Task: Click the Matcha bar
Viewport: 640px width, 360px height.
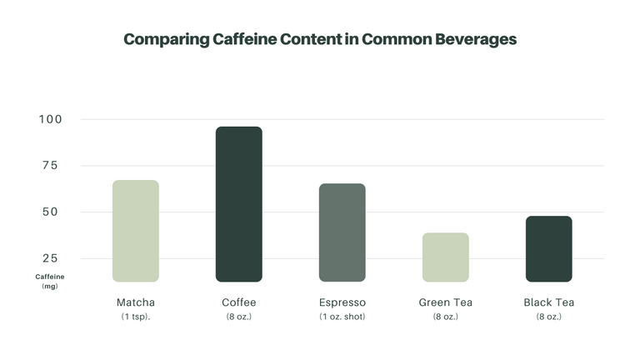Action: coord(135,231)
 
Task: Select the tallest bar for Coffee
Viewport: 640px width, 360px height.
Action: coord(238,204)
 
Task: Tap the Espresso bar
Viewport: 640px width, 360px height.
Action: coord(342,232)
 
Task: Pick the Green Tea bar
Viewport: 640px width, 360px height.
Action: coord(445,257)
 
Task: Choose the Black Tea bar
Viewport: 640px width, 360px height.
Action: coord(548,248)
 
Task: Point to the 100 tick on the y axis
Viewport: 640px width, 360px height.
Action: coord(50,119)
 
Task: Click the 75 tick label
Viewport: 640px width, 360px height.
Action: coord(51,165)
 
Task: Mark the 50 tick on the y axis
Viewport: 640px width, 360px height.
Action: coord(51,212)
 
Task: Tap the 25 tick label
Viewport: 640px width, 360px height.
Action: coord(51,258)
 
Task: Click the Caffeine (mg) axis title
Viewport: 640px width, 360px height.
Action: coord(49,281)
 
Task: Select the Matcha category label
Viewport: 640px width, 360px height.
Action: coord(135,302)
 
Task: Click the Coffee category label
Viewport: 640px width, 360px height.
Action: coord(238,302)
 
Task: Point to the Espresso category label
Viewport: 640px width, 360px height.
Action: coord(342,302)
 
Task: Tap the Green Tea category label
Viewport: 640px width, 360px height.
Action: coord(445,302)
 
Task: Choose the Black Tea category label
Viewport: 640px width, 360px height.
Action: coord(548,302)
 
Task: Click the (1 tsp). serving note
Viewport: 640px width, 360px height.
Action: coord(135,317)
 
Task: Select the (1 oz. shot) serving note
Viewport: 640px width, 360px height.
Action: coord(342,317)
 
